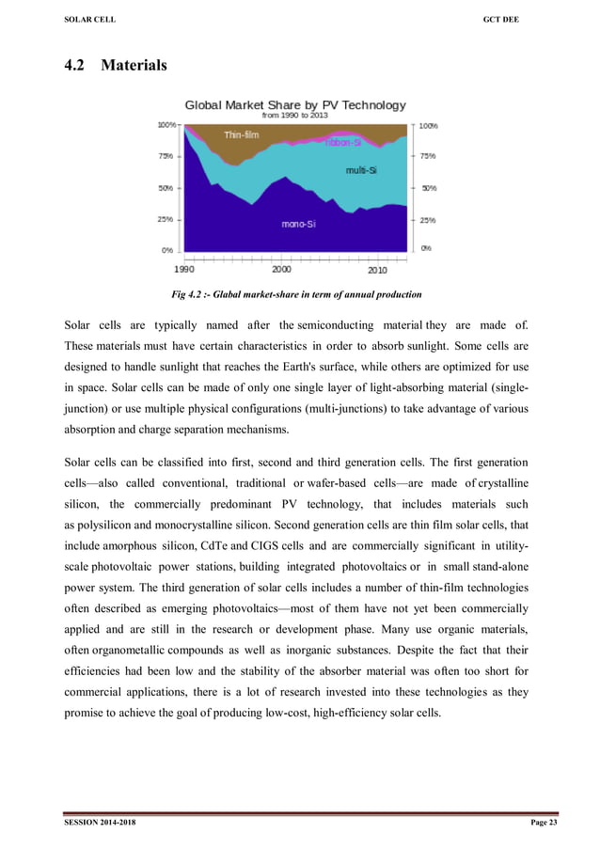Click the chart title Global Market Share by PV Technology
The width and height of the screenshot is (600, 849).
(x=295, y=104)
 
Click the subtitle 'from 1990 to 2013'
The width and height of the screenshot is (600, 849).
(x=295, y=116)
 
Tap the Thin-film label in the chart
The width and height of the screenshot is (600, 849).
(x=241, y=135)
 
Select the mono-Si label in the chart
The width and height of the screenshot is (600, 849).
(x=299, y=224)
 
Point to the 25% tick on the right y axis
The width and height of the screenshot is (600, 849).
(x=427, y=220)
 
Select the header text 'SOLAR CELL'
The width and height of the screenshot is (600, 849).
(x=90, y=22)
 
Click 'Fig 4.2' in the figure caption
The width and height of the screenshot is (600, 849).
(x=192, y=295)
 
